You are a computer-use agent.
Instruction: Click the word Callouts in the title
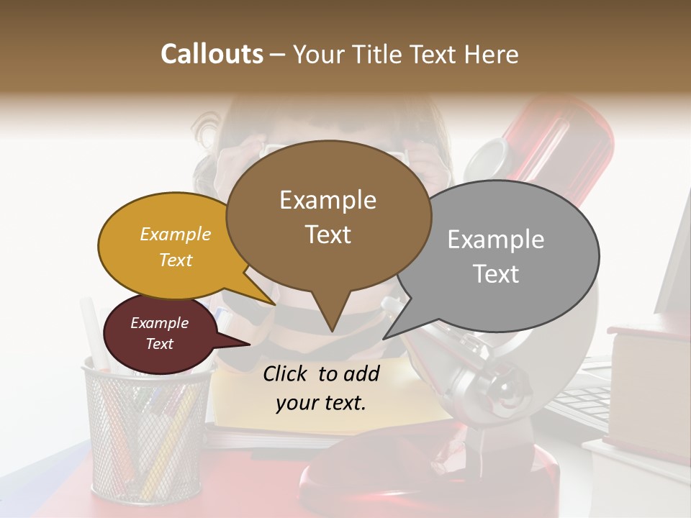click(212, 55)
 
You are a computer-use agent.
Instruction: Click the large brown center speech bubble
click(328, 216)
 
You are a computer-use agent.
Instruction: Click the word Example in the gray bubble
click(496, 240)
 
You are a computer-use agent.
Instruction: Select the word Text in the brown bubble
click(328, 235)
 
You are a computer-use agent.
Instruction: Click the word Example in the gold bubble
click(176, 234)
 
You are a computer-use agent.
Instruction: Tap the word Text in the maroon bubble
click(160, 344)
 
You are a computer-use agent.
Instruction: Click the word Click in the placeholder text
click(287, 373)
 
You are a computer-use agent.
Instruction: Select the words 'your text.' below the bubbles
click(321, 403)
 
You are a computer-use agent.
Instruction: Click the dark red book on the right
click(645, 381)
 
